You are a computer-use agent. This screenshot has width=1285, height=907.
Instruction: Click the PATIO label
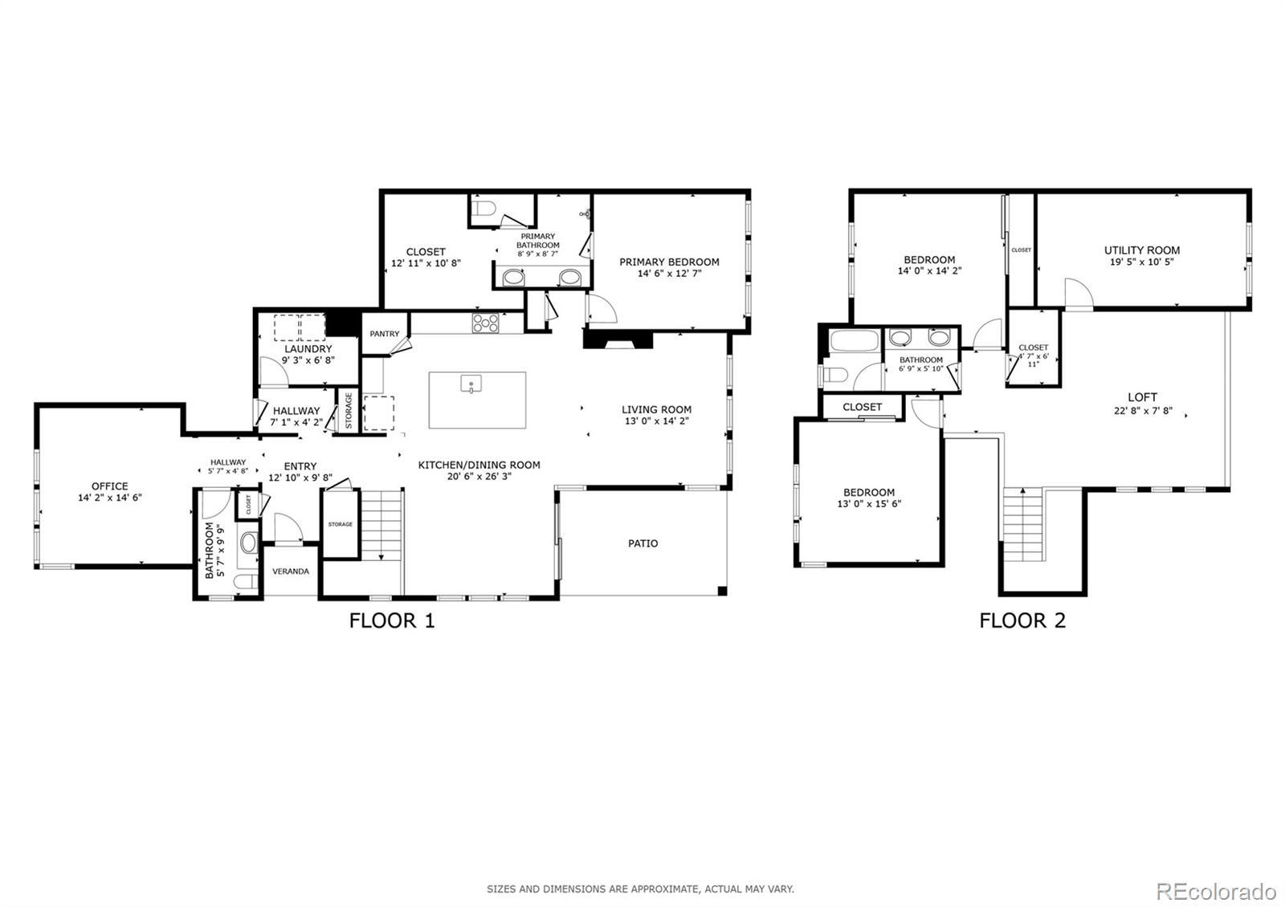point(642,543)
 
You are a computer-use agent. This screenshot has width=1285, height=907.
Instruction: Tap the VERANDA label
point(290,571)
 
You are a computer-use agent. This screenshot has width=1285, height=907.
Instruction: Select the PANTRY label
point(385,334)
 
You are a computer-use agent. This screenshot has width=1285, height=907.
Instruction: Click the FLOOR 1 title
point(392,621)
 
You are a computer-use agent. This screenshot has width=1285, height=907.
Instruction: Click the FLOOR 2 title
point(1022,621)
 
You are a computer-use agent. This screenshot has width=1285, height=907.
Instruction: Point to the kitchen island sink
point(471,384)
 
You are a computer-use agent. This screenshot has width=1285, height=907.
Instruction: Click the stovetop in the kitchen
point(485,323)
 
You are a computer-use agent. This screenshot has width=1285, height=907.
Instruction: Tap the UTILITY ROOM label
point(1141,250)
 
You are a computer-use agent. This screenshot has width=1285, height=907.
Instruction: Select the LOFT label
point(1142,397)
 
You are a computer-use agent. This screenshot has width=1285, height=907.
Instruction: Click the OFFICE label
point(109,486)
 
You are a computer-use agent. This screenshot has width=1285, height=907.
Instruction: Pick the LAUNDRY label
point(308,349)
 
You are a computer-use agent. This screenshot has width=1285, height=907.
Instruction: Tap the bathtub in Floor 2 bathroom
point(855,341)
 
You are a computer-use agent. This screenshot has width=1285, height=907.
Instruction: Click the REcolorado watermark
point(1216,892)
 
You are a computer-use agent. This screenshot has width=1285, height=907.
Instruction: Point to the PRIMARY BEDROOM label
point(669,262)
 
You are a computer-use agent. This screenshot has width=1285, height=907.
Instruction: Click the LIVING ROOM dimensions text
point(656,421)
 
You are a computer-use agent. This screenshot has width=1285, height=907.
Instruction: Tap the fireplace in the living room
point(618,340)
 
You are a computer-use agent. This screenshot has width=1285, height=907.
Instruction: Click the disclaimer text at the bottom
point(640,889)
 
